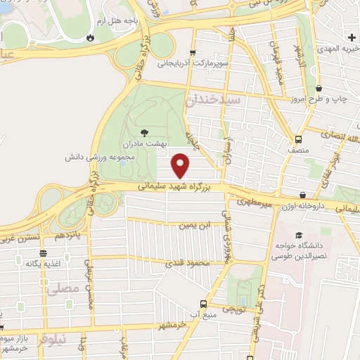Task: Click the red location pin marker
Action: pos(181,165)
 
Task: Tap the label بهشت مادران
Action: pos(143,143)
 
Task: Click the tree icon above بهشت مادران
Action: pos(144,131)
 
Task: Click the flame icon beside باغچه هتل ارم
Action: pos(90,37)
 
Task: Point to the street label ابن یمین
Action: pos(195,225)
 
